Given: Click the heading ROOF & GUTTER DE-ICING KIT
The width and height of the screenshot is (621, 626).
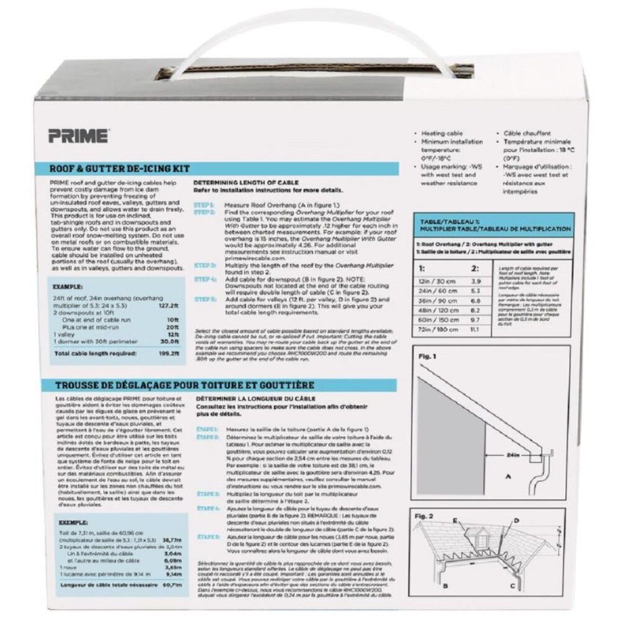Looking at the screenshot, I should pyautogui.click(x=119, y=169).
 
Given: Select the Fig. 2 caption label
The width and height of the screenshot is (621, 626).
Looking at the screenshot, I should pyautogui.click(x=426, y=516).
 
